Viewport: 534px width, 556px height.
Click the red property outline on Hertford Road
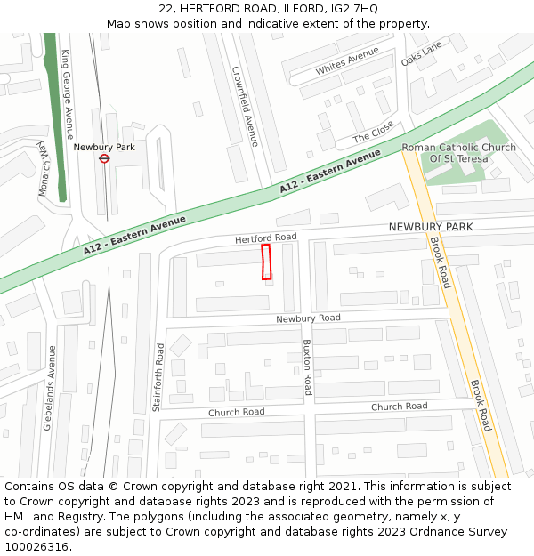(265, 262)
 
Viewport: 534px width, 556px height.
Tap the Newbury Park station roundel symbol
(104, 158)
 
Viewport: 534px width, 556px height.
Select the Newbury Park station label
(104, 147)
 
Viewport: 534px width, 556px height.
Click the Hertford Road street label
(265, 238)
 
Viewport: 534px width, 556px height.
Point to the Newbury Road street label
(308, 318)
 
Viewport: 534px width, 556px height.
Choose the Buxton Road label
(307, 367)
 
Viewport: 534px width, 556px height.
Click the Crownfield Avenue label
(245, 106)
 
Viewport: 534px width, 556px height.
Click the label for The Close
(373, 133)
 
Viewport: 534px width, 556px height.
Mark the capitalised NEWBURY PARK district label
(431, 227)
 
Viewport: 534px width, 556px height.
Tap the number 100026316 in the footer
(36, 546)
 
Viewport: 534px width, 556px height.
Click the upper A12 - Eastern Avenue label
(329, 173)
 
